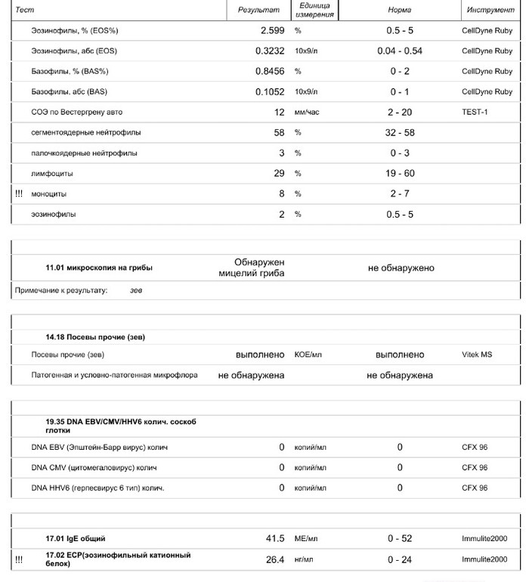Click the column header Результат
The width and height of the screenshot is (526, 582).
click(258, 11)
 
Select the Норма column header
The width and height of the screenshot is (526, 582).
click(400, 11)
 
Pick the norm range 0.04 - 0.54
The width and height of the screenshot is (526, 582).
click(400, 51)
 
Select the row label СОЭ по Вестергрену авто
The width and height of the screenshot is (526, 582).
click(76, 113)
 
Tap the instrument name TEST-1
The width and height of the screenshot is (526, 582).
click(475, 113)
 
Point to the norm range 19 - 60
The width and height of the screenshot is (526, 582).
click(400, 174)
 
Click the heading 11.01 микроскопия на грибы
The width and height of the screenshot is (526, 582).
click(98, 268)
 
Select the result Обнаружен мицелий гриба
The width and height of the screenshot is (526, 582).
click(251, 268)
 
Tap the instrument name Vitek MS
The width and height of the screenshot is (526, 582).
click(477, 354)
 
